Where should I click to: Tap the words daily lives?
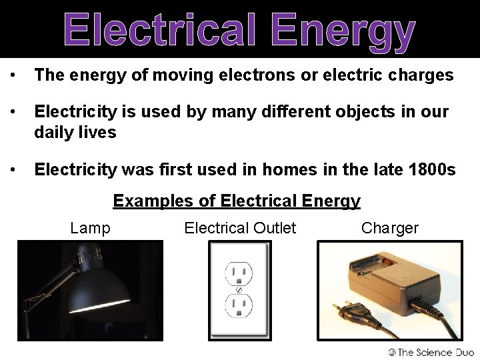75,132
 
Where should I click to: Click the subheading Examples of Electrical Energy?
237,200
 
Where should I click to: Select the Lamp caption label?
90,228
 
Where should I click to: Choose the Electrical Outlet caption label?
240,228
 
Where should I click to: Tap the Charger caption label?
390,228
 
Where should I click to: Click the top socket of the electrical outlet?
239,274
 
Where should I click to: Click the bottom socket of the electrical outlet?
239,306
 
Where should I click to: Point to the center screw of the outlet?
239,290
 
